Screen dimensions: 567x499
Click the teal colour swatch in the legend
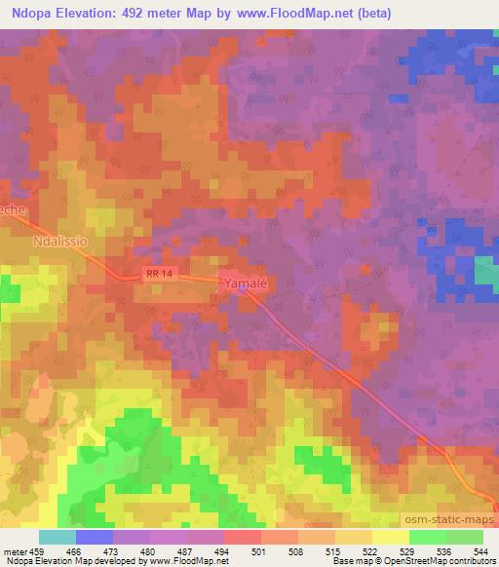pos(58,537)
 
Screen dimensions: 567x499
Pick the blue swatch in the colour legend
pos(95,537)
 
